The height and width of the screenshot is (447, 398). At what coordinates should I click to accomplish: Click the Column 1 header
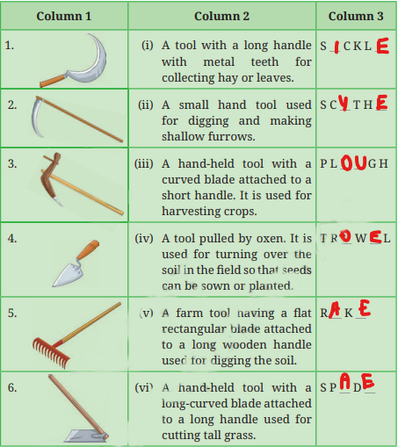click(64, 16)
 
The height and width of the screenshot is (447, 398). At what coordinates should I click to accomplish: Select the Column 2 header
click(221, 16)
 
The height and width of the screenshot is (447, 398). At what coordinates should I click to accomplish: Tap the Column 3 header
click(356, 16)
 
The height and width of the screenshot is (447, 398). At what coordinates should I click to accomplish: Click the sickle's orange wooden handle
click(53, 81)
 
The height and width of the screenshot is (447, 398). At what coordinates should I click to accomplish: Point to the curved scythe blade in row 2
click(36, 117)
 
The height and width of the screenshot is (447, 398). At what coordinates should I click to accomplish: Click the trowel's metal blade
click(68, 275)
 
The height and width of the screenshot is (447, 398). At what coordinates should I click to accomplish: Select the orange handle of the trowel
click(89, 249)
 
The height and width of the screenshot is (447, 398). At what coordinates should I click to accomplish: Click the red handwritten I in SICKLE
click(336, 47)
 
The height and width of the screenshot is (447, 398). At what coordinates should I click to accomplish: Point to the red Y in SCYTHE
click(344, 103)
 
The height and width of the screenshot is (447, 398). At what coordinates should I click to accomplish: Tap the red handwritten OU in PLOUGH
click(354, 162)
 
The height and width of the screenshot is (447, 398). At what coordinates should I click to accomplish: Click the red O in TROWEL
click(346, 236)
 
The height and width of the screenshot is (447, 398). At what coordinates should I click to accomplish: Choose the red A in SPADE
click(345, 381)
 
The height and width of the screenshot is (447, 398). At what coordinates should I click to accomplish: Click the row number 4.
click(12, 239)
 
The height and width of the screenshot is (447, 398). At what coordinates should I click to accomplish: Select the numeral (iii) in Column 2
click(143, 164)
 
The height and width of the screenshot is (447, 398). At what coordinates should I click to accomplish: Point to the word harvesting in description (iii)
click(191, 212)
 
